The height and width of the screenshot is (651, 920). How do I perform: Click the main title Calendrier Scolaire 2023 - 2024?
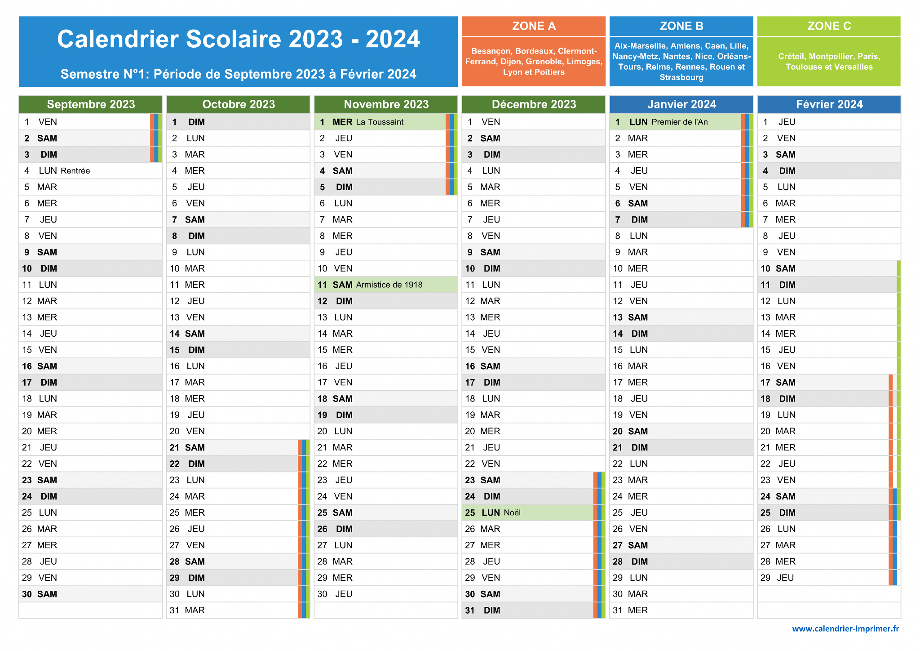(x=239, y=39)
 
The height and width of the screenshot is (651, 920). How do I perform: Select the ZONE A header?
(x=534, y=26)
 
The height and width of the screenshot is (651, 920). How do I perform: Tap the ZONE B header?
(x=681, y=26)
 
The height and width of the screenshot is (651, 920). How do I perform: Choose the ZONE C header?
(x=829, y=26)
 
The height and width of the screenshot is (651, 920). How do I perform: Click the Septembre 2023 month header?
(x=91, y=104)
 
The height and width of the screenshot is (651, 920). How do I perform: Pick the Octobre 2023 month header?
(x=239, y=104)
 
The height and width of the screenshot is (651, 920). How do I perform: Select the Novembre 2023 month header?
(x=386, y=104)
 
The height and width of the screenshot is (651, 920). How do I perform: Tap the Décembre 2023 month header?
(x=534, y=104)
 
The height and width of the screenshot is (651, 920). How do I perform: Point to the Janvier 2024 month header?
(x=681, y=104)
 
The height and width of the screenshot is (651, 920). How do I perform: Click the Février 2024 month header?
(x=829, y=104)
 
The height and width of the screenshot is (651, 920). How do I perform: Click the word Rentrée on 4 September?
(x=75, y=171)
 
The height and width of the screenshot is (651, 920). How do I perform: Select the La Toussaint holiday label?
(x=380, y=122)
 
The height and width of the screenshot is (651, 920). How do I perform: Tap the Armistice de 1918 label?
(x=389, y=285)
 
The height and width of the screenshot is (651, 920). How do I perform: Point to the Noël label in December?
(x=512, y=513)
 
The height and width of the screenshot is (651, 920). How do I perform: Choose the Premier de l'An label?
(x=680, y=122)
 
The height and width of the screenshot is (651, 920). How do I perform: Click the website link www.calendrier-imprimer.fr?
(x=845, y=629)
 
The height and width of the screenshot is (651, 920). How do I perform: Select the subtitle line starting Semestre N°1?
(x=239, y=74)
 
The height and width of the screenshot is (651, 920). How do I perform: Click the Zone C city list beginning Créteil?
(x=829, y=62)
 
